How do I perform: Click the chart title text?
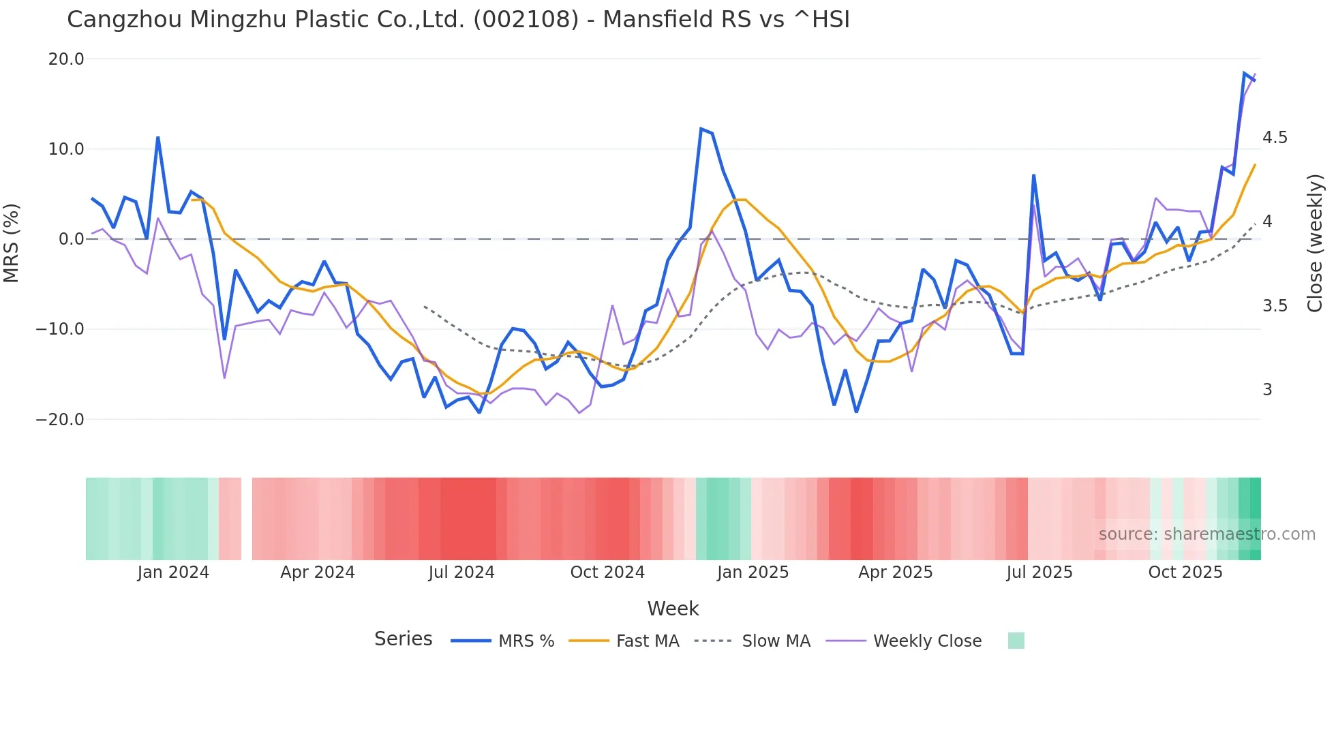pos(458,20)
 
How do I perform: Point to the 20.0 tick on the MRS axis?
pos(66,59)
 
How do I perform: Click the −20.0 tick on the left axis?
pos(60,420)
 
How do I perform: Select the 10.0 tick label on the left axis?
pos(66,149)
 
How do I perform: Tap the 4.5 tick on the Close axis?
pos(1275,138)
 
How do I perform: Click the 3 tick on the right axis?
pos(1267,390)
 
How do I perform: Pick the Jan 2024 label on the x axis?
pos(173,572)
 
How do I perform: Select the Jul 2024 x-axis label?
pos(461,572)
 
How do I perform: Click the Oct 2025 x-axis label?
pos(1185,572)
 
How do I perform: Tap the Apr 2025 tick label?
pos(895,572)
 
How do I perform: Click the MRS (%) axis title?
pos(12,243)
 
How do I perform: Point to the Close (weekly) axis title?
pos(1315,243)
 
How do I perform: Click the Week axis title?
pos(673,609)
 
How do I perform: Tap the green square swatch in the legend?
pos(1016,641)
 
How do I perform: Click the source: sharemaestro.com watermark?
pos(1206,534)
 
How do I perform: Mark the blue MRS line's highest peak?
pos(1245,73)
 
